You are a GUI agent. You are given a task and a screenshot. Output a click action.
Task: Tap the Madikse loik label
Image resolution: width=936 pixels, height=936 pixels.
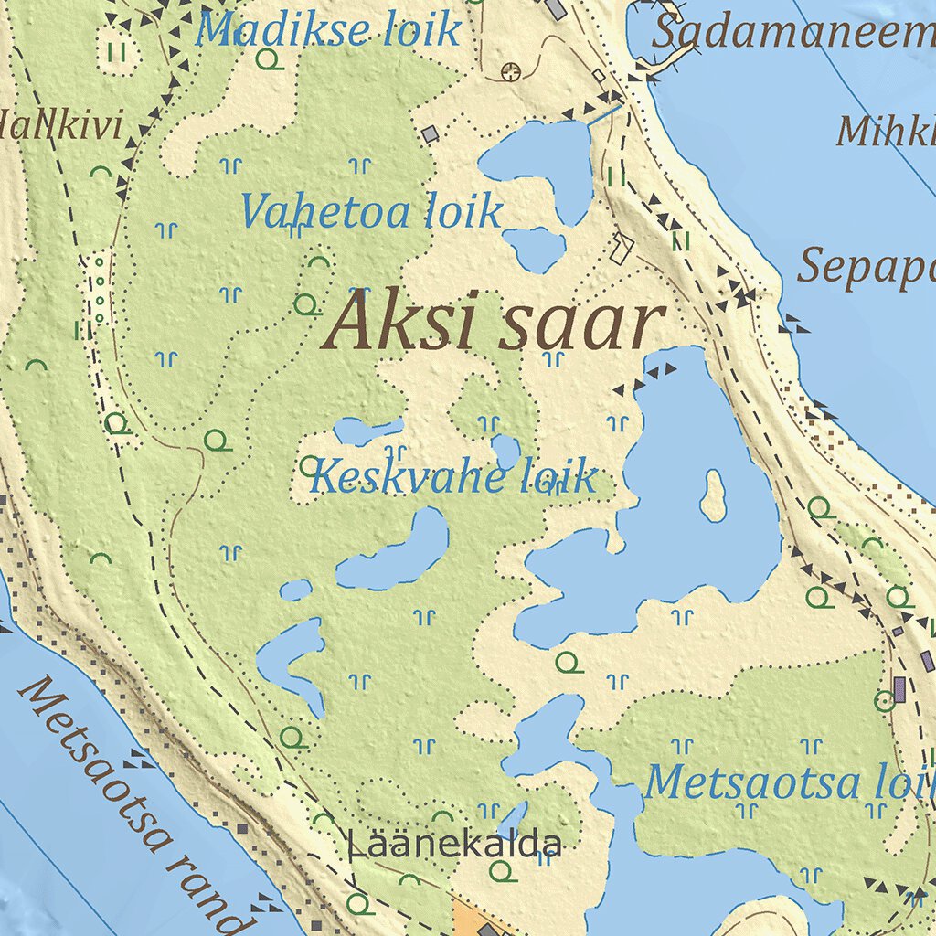pyautogui.click(x=327, y=31)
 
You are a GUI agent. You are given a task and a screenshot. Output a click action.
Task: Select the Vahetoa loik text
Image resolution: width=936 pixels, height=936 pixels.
pyautogui.click(x=370, y=212)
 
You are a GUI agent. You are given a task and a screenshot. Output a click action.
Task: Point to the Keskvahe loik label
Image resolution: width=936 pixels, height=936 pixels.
pyautogui.click(x=452, y=477)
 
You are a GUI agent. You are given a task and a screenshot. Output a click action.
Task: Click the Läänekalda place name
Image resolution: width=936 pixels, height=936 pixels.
pyautogui.click(x=453, y=845)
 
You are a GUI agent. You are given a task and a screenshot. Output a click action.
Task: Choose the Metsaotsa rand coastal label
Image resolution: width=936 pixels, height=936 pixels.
pyautogui.click(x=133, y=804)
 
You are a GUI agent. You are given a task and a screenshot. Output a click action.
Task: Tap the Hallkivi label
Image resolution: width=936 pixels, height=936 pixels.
pyautogui.click(x=60, y=126)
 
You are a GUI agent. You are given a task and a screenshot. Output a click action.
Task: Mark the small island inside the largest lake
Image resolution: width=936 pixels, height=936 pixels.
pyautogui.click(x=713, y=495)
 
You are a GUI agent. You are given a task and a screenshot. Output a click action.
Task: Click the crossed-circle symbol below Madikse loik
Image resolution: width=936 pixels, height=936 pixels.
pyautogui.click(x=511, y=70)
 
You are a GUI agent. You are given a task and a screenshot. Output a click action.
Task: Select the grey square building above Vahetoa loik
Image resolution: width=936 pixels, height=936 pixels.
pyautogui.click(x=430, y=134)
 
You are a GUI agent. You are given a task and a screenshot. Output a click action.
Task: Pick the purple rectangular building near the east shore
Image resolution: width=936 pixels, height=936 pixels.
pyautogui.click(x=899, y=689)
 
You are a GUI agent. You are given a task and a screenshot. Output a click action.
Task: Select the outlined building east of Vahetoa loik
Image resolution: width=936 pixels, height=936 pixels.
pyautogui.click(x=622, y=248)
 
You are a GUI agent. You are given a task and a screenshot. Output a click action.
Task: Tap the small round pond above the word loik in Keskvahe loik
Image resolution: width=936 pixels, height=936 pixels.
pyautogui.click(x=505, y=451)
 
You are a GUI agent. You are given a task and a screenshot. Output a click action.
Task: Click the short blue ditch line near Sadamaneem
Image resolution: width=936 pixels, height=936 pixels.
pyautogui.click(x=603, y=114)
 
